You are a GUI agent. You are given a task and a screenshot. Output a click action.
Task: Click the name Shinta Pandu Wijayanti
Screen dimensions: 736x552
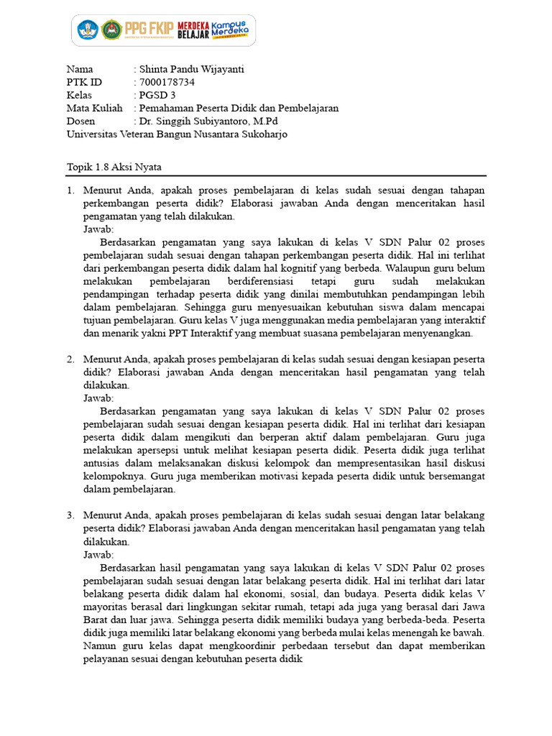192,70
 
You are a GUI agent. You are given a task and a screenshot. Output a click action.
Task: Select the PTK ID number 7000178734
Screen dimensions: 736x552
167,82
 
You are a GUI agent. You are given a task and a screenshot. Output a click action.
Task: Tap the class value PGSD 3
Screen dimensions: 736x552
157,95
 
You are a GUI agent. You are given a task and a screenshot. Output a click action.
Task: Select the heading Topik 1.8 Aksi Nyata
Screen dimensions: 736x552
114,167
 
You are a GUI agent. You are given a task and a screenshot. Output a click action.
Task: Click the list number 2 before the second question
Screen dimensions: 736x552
70,359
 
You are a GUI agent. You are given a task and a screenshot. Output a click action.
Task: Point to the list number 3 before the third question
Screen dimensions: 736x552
70,515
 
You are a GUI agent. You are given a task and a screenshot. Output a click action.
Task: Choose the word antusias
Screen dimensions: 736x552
103,463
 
